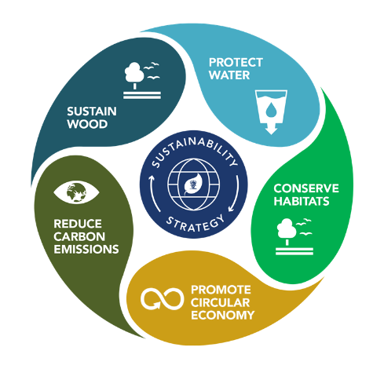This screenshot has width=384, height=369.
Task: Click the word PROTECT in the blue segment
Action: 236,63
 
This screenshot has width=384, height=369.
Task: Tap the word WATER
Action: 229,75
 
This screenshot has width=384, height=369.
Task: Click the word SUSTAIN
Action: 92,111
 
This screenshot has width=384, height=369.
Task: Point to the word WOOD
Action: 87,124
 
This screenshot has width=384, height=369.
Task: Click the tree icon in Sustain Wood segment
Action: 142,81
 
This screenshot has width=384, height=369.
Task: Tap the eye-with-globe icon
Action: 76,192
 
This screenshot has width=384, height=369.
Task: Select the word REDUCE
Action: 78,224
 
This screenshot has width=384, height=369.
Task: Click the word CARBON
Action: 79,236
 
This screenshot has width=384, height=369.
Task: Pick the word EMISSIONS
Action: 86,249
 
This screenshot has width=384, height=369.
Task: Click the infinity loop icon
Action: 162,299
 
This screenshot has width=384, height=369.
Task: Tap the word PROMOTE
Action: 221,290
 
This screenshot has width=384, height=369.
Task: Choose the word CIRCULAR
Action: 220,302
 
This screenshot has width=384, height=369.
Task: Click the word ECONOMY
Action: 223,315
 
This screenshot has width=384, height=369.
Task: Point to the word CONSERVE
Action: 306,188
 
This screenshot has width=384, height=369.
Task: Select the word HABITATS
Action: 302,201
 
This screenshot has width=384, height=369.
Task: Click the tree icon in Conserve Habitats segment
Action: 294,236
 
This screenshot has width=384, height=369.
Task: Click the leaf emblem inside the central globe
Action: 192,184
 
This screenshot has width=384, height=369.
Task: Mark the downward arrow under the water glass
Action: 271,129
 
